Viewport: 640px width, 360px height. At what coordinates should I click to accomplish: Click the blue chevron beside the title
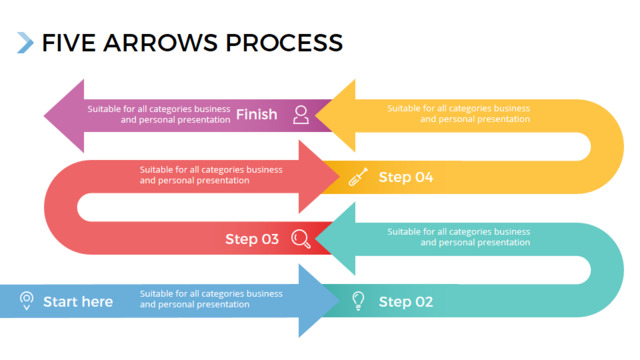tap(25, 42)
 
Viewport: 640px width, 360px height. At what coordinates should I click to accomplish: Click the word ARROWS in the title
tap(160, 43)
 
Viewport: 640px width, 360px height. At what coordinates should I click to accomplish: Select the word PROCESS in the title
tap(284, 43)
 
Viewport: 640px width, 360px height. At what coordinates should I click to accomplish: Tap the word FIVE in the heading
tap(69, 43)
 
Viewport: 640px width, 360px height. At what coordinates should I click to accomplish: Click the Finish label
tap(256, 114)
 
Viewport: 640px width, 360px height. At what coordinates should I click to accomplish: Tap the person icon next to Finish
tap(301, 115)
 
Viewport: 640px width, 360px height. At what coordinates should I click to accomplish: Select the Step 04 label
tap(406, 177)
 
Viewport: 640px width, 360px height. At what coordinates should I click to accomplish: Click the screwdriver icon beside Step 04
tap(358, 177)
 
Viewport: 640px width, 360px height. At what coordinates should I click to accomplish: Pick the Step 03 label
tap(252, 239)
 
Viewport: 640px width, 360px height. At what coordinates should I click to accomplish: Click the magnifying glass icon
tap(301, 239)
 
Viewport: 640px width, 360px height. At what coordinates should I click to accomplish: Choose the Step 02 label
tap(406, 302)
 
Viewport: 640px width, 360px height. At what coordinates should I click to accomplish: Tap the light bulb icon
tap(358, 301)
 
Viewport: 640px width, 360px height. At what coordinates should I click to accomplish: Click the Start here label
tap(78, 302)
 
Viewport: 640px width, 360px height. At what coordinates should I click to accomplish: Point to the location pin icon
tap(27, 301)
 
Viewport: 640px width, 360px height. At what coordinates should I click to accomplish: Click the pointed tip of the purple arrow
tap(44, 116)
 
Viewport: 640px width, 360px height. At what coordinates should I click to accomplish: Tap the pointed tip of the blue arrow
tap(339, 301)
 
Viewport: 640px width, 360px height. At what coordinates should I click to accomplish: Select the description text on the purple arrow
tap(159, 114)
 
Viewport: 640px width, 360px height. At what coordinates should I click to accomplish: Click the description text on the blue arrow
tap(211, 299)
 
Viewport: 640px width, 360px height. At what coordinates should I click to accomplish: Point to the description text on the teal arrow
tap(459, 237)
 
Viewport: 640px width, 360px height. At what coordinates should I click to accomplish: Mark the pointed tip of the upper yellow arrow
tap(316, 116)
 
